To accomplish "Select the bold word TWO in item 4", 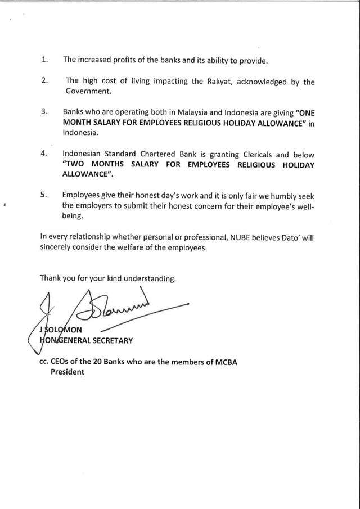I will [76, 164].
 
